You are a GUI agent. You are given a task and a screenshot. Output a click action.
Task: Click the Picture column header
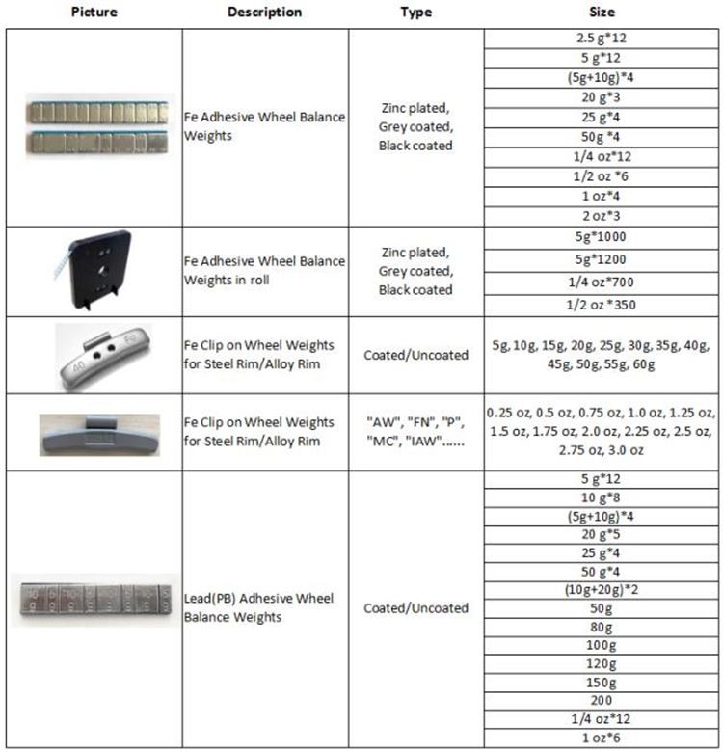(94, 13)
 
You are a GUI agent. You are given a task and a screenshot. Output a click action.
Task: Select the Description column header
(264, 13)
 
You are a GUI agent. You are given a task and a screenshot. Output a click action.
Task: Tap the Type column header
(415, 13)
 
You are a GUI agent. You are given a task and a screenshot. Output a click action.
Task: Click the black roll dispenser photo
(93, 271)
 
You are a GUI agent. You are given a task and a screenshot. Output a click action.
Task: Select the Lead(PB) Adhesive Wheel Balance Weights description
(264, 607)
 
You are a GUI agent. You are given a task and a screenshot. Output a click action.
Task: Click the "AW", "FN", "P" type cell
(415, 432)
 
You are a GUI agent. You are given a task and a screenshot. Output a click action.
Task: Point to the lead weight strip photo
(94, 600)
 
